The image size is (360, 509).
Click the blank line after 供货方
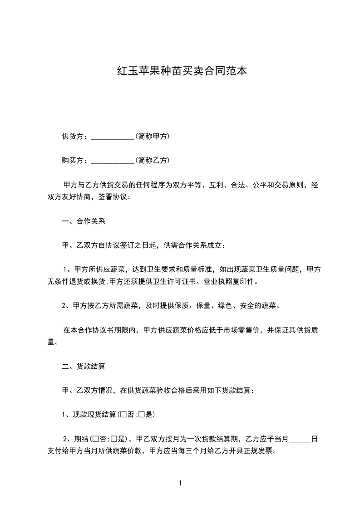[x=113, y=137]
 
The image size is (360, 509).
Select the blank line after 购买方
[x=113, y=161]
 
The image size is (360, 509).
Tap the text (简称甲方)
[x=153, y=136]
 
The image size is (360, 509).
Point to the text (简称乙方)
[x=153, y=160]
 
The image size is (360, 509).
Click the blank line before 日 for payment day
[x=300, y=440]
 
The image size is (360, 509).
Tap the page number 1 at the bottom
[x=180, y=483]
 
